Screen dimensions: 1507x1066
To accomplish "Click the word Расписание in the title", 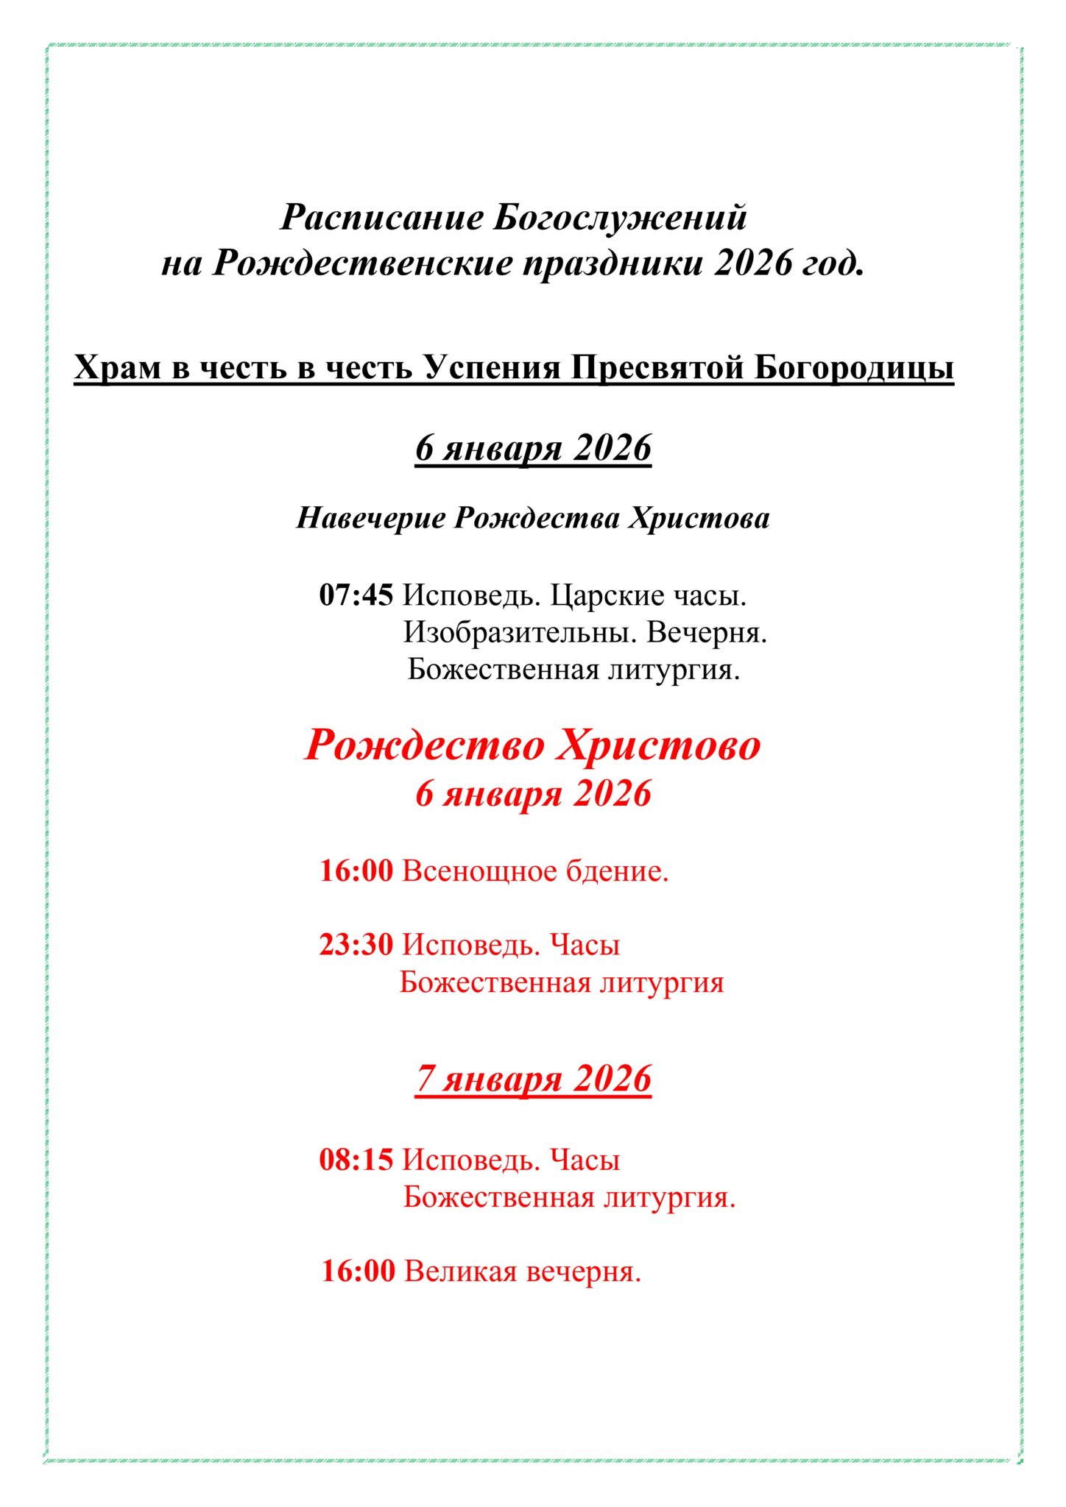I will coord(382,218).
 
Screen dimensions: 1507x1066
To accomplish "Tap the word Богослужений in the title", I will coord(621,218).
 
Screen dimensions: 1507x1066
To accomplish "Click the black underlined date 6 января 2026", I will coord(533,447).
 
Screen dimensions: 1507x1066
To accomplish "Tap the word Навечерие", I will coord(370,517).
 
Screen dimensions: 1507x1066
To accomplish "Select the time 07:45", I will coord(356,595).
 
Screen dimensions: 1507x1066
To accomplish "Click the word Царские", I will coord(609,595).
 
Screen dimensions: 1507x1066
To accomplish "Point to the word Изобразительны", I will coord(519,632).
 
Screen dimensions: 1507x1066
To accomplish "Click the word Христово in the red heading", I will coord(657,745).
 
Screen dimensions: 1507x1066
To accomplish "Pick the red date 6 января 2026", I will coord(533,793).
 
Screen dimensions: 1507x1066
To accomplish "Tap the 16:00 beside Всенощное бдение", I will coord(356,870).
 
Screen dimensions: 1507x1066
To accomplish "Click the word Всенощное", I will coord(479,870).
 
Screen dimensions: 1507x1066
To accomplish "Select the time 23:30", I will coord(356,944).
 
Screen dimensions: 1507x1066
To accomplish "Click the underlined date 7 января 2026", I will coord(533,1079).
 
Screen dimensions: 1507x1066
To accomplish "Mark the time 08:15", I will coord(356,1160).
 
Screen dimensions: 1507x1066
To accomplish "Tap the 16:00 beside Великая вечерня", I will coord(358,1271).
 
